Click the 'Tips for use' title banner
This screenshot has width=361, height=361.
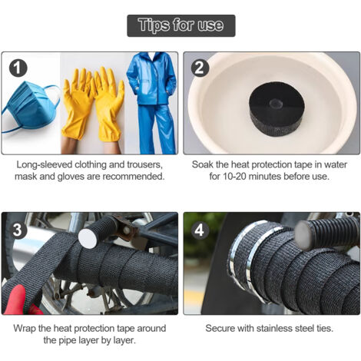(181, 25)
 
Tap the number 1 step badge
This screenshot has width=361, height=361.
(18, 68)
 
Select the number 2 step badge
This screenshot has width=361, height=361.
(200, 68)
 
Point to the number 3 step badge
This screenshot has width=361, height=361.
(18, 230)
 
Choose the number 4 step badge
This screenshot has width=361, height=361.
(200, 230)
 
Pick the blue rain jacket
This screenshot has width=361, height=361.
(152, 78)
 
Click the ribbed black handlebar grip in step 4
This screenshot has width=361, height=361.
(327, 233)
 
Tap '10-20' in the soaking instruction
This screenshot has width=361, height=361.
(234, 177)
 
